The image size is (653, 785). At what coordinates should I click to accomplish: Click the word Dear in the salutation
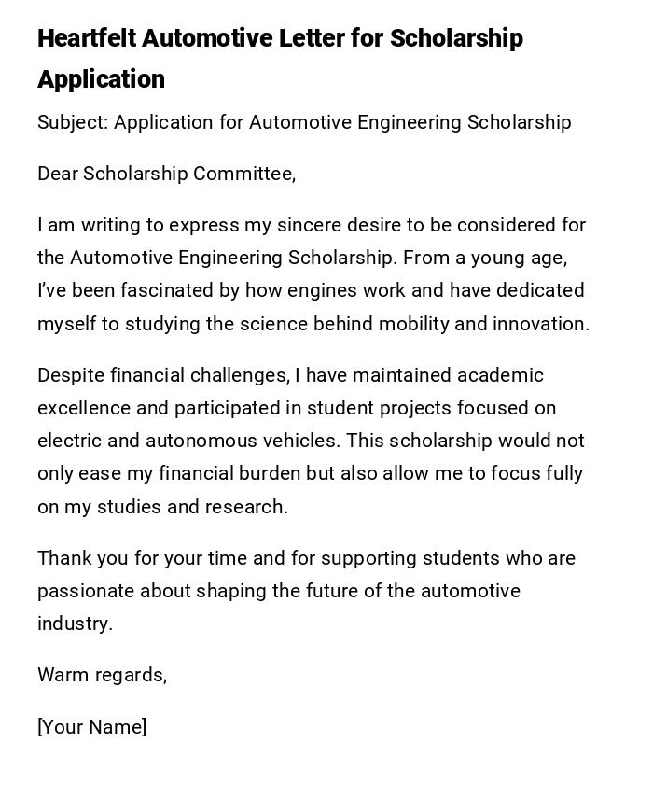click(x=58, y=174)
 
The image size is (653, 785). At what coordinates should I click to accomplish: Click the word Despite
click(x=71, y=375)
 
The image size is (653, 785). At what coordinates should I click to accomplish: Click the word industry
click(x=74, y=624)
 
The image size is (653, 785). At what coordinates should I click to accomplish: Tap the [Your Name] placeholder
click(x=91, y=727)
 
